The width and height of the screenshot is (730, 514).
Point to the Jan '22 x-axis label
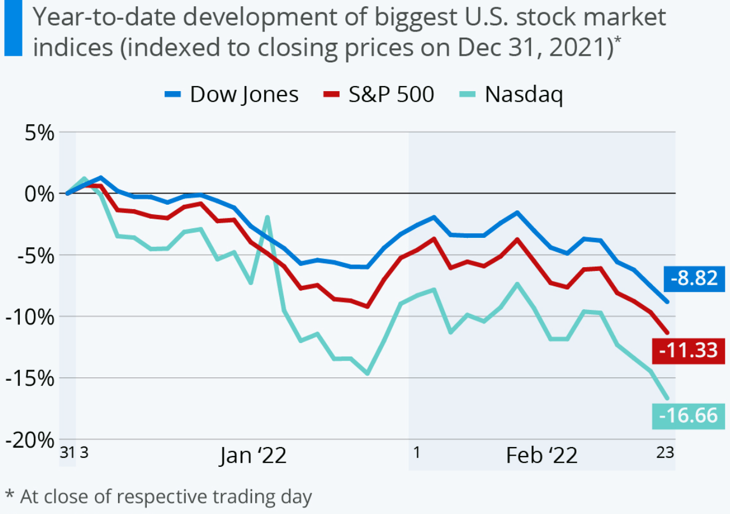(x=253, y=455)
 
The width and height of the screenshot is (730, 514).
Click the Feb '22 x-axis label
(x=541, y=455)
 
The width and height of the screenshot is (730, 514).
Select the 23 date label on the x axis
(x=665, y=453)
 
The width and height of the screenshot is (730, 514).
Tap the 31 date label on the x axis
(x=67, y=453)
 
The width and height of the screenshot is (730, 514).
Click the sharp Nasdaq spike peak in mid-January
(x=267, y=217)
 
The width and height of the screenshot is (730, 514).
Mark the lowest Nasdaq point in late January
(x=367, y=373)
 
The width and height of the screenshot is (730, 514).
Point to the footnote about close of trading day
(x=159, y=496)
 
